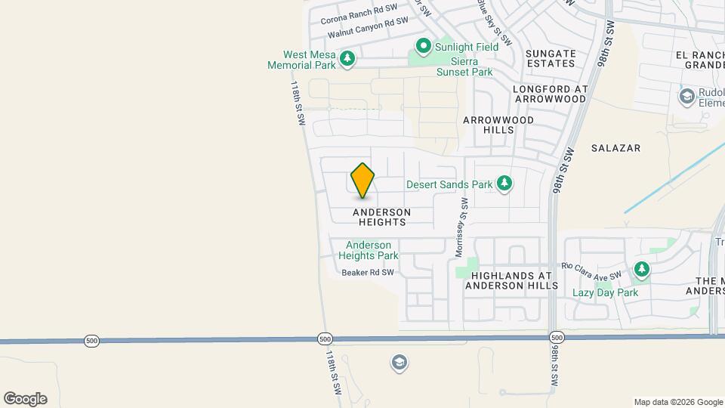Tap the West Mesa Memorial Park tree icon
click(x=347, y=58)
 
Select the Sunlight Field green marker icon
click(x=424, y=47)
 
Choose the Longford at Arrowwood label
click(x=550, y=94)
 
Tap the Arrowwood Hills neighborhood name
click(x=498, y=125)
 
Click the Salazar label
click(x=616, y=149)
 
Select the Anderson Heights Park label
click(x=369, y=251)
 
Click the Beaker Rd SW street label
click(x=368, y=273)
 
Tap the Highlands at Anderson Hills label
click(x=511, y=280)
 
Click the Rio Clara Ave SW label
click(x=591, y=270)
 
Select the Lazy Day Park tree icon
click(x=642, y=270)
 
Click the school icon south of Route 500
click(x=399, y=363)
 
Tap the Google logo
click(x=25, y=399)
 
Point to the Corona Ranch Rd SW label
click(x=359, y=13)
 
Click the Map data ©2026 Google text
click(x=677, y=402)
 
